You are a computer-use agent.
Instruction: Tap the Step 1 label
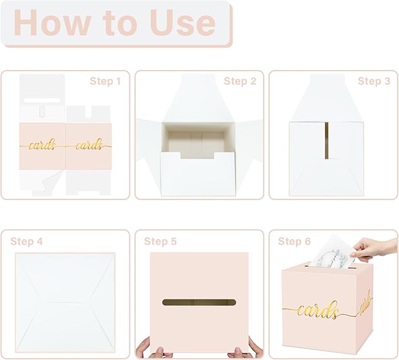105,81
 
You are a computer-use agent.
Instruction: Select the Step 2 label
240,81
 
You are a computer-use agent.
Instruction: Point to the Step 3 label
374,81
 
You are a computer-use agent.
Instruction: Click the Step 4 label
26,241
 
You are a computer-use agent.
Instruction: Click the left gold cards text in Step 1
42,145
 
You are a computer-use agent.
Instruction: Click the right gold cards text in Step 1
88,145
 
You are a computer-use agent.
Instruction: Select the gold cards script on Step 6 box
317,311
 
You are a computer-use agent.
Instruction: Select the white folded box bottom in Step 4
65,298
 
